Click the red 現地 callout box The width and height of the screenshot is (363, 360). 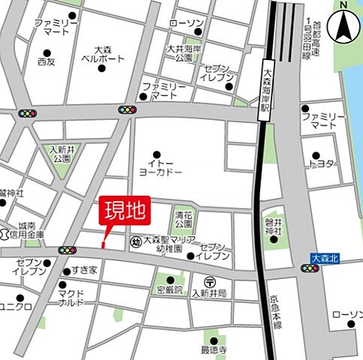(x=124, y=211)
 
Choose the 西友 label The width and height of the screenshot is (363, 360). (x=46, y=61)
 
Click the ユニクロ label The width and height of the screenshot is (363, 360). (x=15, y=307)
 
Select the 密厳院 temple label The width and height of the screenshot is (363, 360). (x=169, y=289)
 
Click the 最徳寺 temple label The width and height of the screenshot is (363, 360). (x=214, y=349)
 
